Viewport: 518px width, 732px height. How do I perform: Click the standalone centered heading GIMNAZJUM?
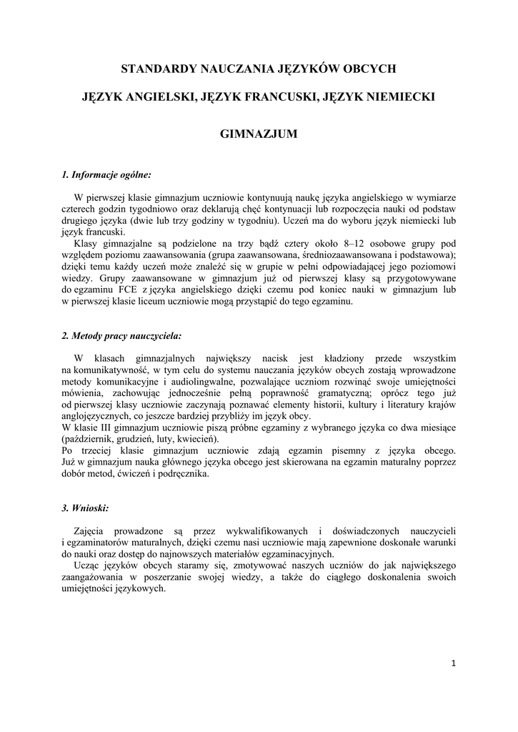tap(259, 134)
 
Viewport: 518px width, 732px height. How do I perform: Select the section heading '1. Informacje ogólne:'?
tap(106, 174)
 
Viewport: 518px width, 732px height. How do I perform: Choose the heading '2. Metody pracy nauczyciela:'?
tap(121, 335)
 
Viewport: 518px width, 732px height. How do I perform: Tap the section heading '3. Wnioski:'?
tap(85, 508)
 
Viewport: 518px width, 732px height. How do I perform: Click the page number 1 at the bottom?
tap(453, 663)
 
